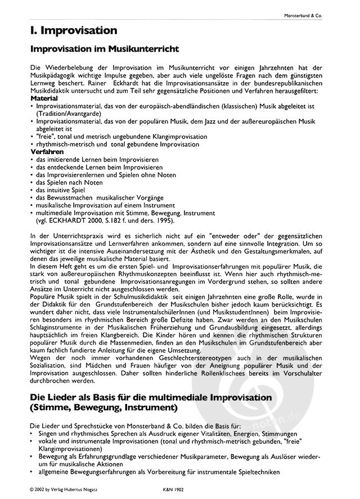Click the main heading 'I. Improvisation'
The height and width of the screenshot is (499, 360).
point(74,30)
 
